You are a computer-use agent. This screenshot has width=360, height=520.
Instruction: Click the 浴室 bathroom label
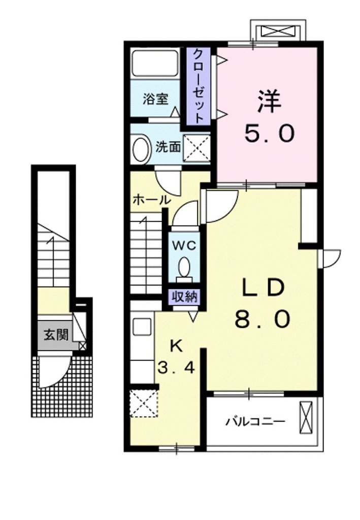pos(155,99)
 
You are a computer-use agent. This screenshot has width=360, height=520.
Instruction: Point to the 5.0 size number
pos(269,134)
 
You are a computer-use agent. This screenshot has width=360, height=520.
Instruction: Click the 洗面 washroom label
pos(168,147)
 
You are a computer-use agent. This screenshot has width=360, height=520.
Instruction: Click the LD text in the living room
pos(261,288)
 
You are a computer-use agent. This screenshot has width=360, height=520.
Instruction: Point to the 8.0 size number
pos(261,319)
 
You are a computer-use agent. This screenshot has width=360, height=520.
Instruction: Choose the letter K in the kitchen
pos(176,345)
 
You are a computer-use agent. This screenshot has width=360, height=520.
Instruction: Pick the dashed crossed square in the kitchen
pos(143,403)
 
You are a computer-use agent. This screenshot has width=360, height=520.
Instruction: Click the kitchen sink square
pos(143,326)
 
